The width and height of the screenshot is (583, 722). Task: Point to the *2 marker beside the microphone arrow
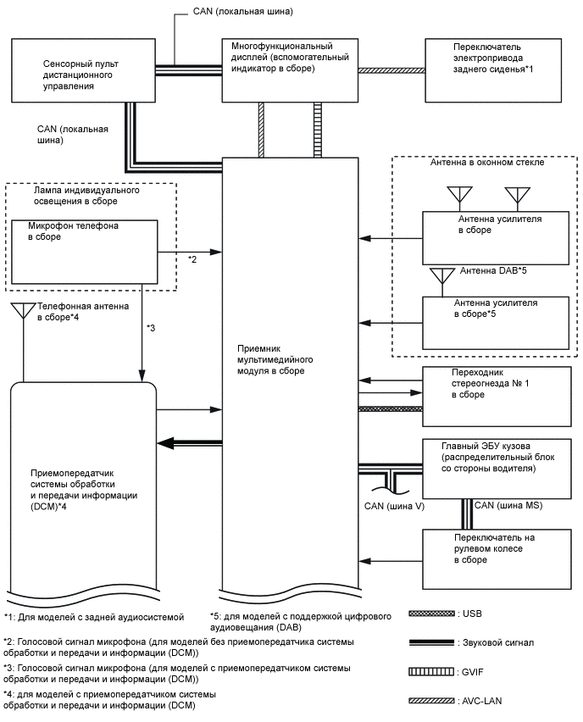pyautogui.click(x=193, y=258)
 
